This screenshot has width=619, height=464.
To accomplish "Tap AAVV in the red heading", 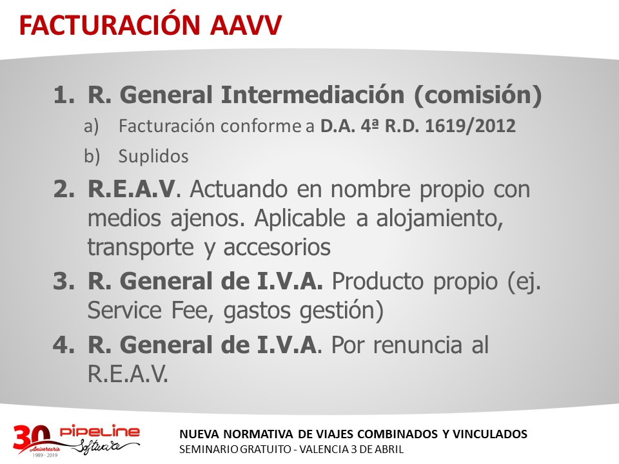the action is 246,25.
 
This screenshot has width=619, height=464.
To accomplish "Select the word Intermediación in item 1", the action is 313,95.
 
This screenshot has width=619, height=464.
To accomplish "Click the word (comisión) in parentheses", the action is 478,95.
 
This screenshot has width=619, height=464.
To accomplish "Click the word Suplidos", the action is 153,156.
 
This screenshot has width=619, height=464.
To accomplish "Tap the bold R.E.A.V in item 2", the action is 132,189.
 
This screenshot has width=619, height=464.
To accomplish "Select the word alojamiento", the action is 440,219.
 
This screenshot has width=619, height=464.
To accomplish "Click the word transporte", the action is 141,247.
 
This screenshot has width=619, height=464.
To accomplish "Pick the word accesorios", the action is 277,247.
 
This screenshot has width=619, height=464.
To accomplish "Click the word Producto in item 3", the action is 375,282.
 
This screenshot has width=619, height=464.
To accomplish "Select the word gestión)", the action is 342,311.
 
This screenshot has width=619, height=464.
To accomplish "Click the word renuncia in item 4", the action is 417,345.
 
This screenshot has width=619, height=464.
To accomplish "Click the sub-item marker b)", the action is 92,156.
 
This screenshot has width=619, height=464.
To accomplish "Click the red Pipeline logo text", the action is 99,431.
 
